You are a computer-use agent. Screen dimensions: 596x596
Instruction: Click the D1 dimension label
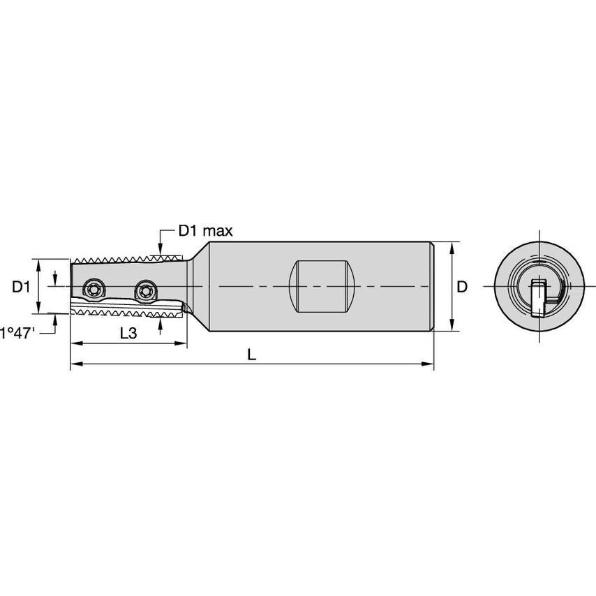point(21,287)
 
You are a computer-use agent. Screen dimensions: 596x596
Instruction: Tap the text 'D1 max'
point(205,230)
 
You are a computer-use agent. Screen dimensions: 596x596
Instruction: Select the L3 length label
point(128,333)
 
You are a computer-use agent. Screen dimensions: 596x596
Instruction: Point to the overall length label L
point(252,354)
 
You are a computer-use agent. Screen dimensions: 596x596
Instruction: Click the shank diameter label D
point(462,287)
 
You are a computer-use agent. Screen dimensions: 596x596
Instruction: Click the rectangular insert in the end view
point(538,297)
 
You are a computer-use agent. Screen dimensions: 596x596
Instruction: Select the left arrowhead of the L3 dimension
point(75,343)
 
